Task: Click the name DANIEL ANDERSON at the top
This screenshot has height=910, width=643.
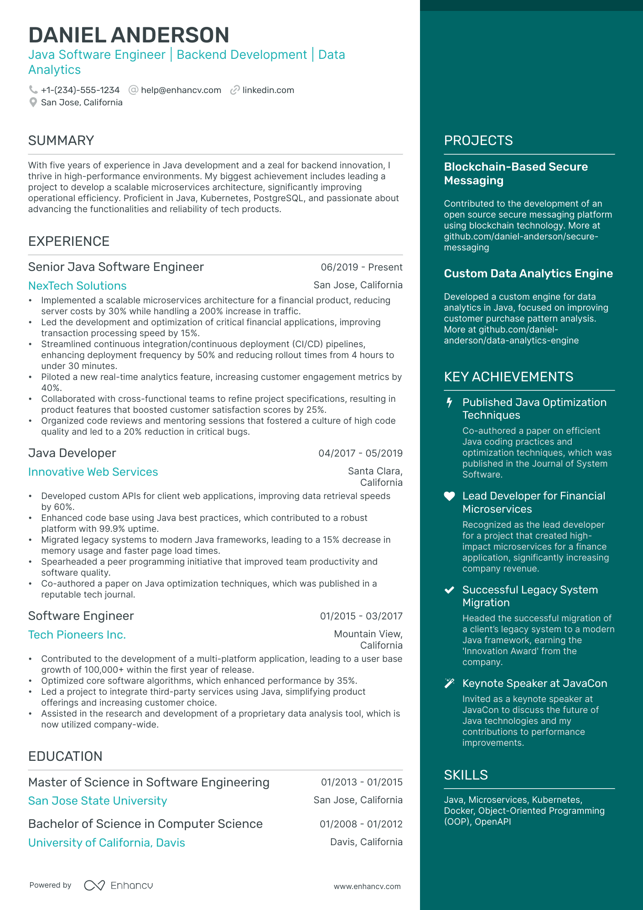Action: [129, 35]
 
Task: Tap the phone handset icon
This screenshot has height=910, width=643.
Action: [33, 90]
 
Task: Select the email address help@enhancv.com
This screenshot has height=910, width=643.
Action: [181, 90]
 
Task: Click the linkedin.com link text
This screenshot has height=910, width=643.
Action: [268, 90]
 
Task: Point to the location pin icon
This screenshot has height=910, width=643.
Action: [33, 103]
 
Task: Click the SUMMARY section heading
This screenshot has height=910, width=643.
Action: [61, 140]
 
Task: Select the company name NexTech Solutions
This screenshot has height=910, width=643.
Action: [78, 286]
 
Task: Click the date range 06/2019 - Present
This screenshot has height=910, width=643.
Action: [361, 267]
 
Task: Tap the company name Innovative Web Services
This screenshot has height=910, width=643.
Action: [93, 472]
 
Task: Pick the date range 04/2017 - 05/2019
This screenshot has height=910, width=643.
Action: [360, 453]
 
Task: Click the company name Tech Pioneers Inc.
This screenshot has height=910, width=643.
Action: [77, 635]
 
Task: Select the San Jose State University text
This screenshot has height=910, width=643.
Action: [98, 801]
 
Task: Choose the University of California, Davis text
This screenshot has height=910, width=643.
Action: [107, 843]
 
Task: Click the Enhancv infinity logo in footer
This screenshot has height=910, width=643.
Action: [94, 885]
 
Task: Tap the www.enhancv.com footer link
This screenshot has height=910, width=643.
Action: [367, 887]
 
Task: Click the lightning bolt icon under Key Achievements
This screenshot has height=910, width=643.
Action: [449, 402]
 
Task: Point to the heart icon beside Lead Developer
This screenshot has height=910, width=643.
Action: [449, 496]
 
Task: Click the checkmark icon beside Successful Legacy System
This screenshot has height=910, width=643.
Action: [449, 590]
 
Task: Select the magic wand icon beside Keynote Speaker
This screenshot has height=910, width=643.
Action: [449, 683]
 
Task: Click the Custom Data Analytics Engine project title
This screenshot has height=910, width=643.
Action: [528, 274]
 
